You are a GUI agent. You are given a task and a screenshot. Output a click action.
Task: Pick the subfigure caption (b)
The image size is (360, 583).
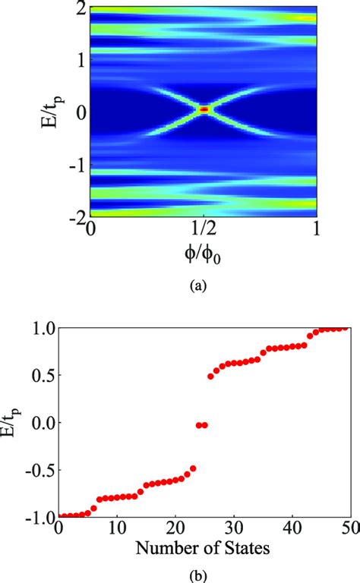pos(203,571)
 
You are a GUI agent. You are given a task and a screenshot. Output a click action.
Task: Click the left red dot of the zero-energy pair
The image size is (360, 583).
pos(198,425)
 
